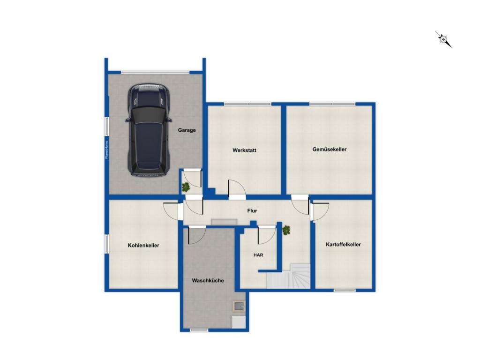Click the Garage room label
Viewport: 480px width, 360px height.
(187, 130)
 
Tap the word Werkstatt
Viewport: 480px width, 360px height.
(244, 150)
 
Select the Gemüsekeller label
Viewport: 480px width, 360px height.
(330, 150)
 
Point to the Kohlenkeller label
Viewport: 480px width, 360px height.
(143, 245)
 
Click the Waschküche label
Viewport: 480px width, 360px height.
(208, 280)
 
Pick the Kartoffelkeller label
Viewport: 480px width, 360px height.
(343, 244)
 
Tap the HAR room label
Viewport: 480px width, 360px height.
(258, 255)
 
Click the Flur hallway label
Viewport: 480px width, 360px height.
(252, 210)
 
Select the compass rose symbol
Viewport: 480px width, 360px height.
(443, 39)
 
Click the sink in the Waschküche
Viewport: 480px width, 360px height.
(239, 305)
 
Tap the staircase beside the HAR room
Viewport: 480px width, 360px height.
(288, 276)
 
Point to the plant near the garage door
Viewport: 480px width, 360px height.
(186, 187)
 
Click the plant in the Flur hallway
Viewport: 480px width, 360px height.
(286, 230)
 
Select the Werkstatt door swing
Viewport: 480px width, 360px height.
(237, 187)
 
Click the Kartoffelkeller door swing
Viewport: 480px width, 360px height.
(320, 211)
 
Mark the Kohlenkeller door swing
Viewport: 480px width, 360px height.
(171, 211)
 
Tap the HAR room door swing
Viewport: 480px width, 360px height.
(267, 235)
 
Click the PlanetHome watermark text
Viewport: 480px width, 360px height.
(106, 150)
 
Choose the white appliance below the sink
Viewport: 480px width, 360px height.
(239, 322)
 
